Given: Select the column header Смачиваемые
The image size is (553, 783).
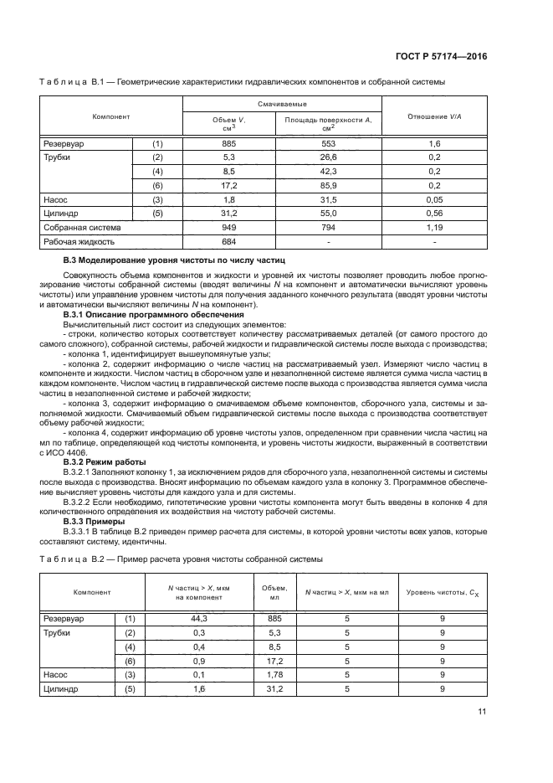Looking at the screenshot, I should [x=282, y=104].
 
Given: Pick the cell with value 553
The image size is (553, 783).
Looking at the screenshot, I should [x=328, y=144].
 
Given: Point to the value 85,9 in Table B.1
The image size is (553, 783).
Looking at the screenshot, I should [x=328, y=185].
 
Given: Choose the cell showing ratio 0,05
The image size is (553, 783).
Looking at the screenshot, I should [x=434, y=199].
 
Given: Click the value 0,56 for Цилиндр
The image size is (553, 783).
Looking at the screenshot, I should [x=434, y=214].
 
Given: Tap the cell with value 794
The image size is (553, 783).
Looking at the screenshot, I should [x=328, y=227].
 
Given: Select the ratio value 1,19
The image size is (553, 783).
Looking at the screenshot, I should [x=434, y=227].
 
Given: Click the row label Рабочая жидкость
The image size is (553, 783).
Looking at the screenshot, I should [x=79, y=241].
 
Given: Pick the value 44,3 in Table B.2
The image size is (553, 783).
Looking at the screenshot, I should [x=199, y=619].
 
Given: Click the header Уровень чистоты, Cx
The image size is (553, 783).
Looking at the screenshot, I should [x=443, y=593].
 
